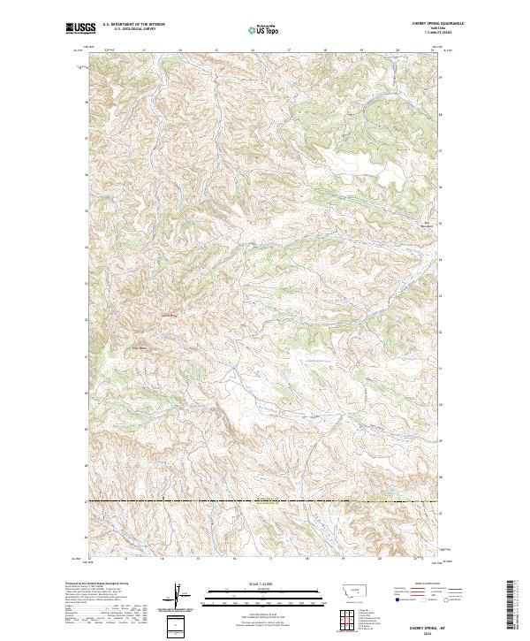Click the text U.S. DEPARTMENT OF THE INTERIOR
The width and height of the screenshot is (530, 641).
(x=133, y=25)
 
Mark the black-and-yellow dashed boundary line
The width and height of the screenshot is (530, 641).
(x=265, y=501)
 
